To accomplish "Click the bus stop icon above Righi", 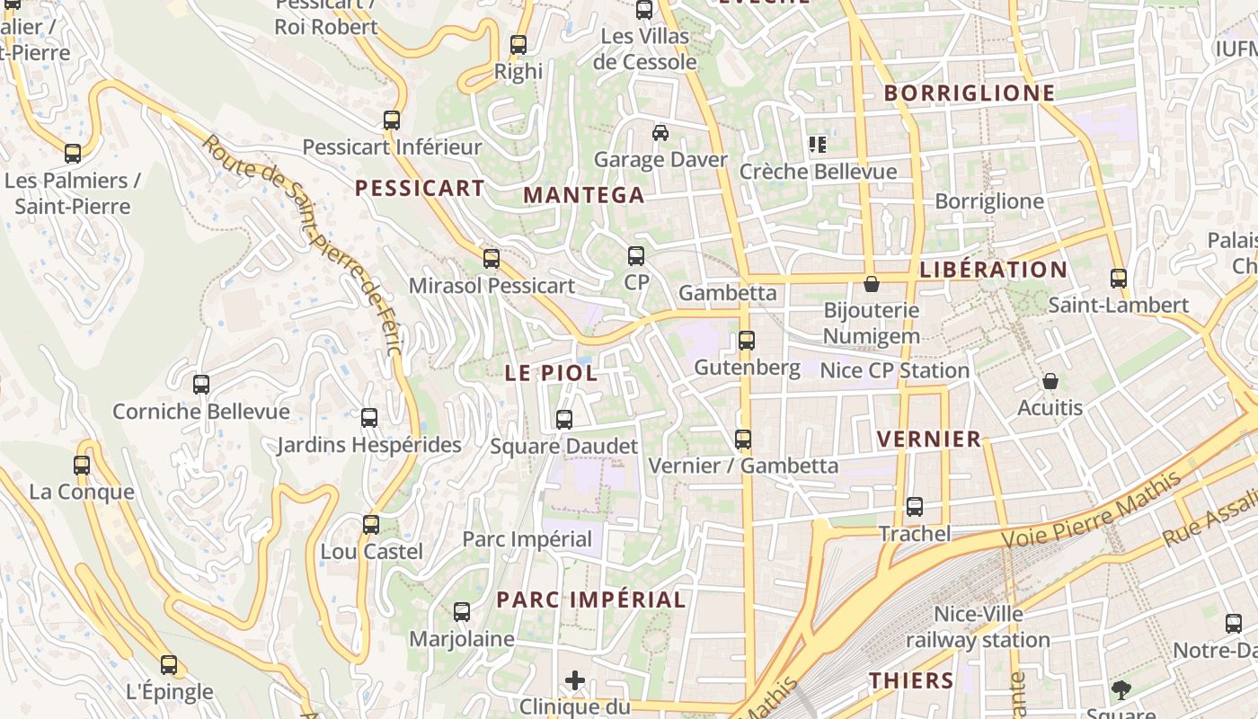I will click(518, 45).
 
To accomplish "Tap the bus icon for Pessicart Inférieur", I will click(391, 120).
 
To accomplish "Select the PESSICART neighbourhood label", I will click(420, 188).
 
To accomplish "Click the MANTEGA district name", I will click(584, 195).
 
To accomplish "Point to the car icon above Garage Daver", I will click(660, 133).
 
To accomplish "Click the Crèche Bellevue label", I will click(818, 172).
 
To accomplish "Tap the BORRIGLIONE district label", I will click(970, 93).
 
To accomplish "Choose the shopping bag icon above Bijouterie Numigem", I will click(871, 285).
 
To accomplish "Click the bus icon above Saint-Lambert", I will click(1118, 279).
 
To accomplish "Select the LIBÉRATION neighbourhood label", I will click(994, 270).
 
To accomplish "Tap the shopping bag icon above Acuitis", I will click(1050, 382).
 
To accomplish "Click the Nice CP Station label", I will click(894, 370).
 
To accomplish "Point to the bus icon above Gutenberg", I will click(746, 341).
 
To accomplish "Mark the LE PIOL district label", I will click(551, 373).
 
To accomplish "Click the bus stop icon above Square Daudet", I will click(563, 420).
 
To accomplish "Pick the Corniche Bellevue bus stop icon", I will click(201, 385).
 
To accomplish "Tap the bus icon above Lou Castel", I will click(370, 524).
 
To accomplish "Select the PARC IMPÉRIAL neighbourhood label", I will click(591, 599).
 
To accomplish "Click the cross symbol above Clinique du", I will click(575, 680).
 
